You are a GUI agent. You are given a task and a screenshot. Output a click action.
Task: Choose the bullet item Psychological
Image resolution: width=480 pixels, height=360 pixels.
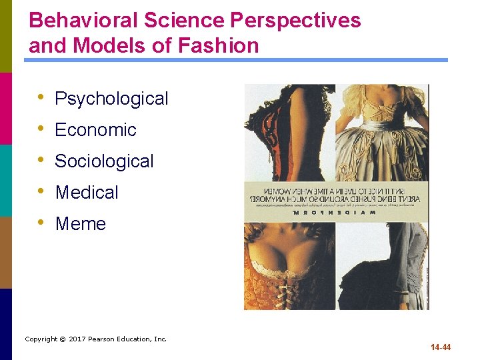coord(111,99)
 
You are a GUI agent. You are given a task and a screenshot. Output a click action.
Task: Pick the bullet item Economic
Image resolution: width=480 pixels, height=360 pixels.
coord(95,130)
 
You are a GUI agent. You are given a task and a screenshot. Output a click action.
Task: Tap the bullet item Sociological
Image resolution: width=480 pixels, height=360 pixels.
coord(104,161)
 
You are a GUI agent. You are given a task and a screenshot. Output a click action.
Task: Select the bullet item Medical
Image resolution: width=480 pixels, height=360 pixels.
coord(87,193)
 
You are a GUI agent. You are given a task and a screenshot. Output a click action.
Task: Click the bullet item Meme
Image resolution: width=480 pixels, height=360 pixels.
coord(80,224)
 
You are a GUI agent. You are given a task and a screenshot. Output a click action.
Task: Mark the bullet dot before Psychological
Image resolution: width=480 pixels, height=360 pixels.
coord(42,97)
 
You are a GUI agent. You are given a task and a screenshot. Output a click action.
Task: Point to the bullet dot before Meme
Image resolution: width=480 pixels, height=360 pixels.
coord(42,223)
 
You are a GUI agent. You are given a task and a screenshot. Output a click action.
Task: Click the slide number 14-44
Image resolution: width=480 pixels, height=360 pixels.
coord(441,347)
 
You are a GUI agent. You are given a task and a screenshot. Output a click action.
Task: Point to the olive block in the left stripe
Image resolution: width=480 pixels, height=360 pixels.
coord(6,36)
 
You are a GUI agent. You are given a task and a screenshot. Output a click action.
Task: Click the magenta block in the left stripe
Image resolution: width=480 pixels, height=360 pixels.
coord(6,108)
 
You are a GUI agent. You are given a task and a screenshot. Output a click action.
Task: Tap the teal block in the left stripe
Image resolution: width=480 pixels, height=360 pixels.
coord(6,180)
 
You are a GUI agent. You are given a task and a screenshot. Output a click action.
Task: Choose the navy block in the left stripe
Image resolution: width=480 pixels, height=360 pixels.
coord(6,324)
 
